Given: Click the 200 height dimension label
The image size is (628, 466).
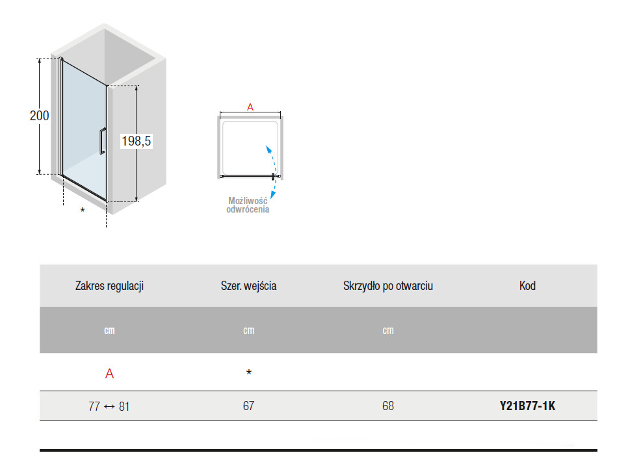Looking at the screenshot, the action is (39, 116).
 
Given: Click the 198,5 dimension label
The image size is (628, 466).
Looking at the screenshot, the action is (136, 141).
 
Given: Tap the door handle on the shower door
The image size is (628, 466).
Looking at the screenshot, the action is (103, 141).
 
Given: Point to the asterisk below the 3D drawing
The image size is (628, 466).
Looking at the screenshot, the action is (83, 210).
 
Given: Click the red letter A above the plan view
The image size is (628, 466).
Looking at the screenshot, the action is (250, 107).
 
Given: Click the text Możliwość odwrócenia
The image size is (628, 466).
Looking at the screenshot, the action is (248, 205).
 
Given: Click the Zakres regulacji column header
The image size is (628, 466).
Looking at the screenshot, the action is (109, 286).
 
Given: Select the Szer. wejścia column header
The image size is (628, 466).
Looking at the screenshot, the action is (249, 286).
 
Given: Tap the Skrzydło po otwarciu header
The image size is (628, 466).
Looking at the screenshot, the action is (388, 286).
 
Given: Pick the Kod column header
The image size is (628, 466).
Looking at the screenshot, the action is (527, 286).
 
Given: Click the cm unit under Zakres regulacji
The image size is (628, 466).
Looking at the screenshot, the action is (109, 331).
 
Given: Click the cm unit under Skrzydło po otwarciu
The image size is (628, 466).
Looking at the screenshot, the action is (388, 331).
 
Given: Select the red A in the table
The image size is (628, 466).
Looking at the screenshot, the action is (109, 374).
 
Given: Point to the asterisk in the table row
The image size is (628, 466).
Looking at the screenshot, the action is (249, 372).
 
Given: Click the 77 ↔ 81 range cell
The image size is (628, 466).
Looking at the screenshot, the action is (109, 406).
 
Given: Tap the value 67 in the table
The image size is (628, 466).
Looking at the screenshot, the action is (249, 406).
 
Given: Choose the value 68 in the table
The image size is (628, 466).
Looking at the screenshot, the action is (388, 406).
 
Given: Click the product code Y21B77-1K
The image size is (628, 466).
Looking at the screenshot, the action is (527, 406).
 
